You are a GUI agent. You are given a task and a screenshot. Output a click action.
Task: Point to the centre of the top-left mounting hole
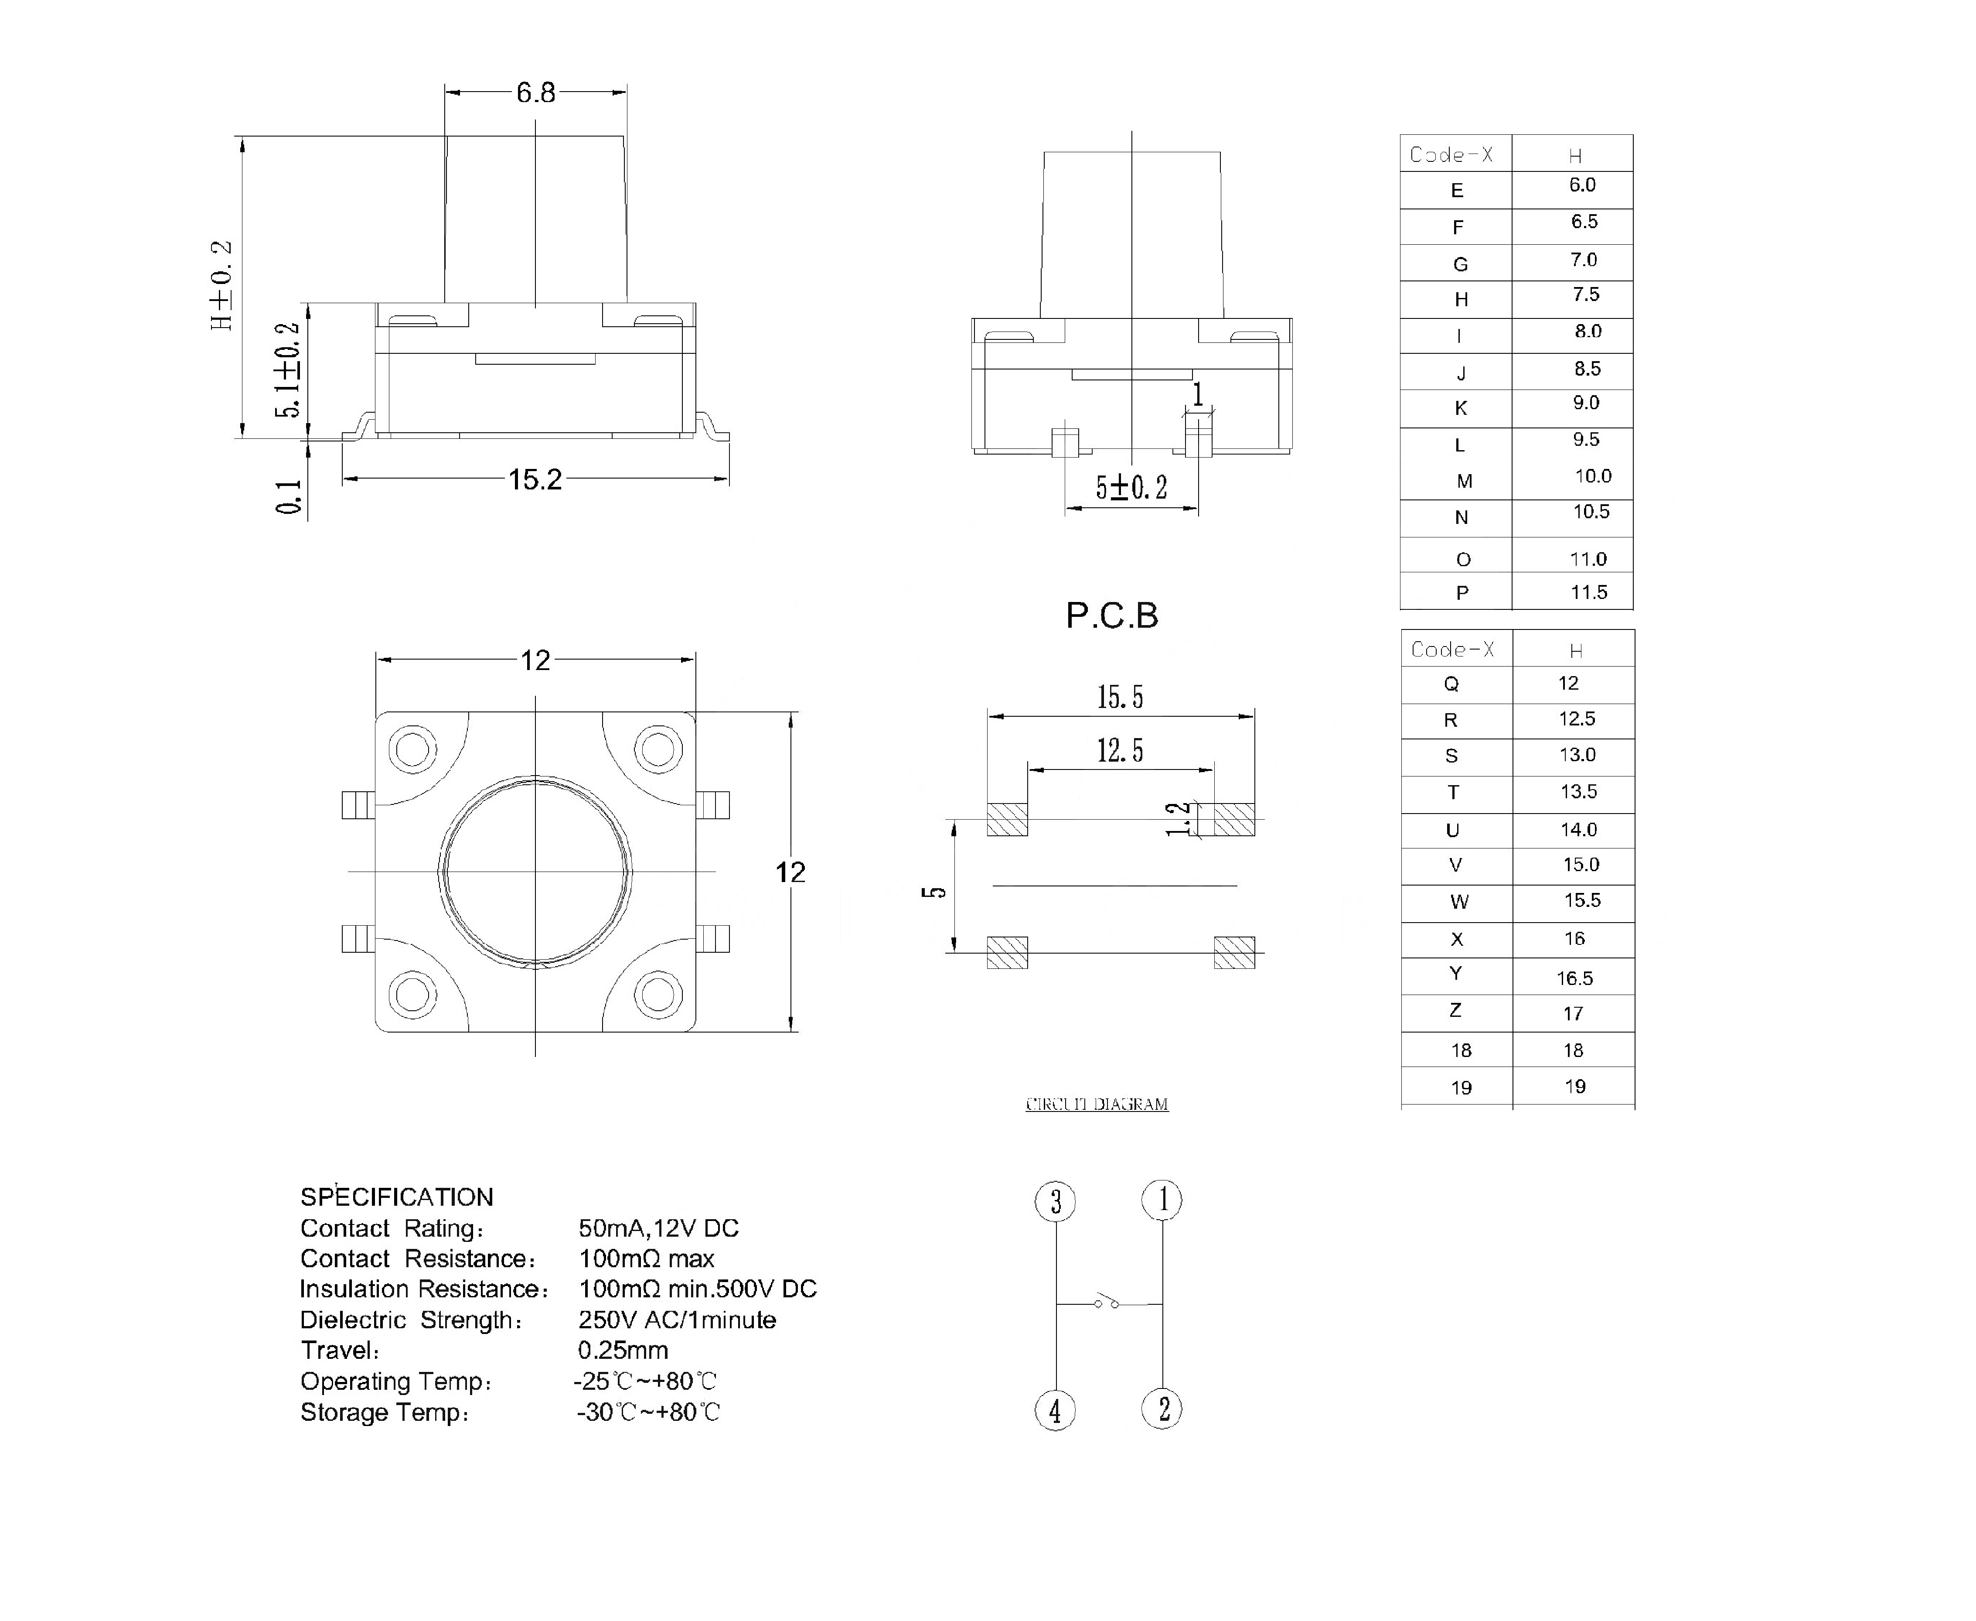(412, 749)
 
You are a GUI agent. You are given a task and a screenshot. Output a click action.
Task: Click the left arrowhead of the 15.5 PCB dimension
(996, 716)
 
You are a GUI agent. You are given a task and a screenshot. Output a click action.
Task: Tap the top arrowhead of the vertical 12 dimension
(793, 720)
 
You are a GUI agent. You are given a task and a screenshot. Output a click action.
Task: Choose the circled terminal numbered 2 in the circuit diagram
(1162, 1409)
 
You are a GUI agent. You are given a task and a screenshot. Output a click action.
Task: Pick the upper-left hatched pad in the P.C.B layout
(1007, 819)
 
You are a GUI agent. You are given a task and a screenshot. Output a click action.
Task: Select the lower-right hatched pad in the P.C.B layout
(1234, 952)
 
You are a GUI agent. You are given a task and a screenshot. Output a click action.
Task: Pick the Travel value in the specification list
(623, 1350)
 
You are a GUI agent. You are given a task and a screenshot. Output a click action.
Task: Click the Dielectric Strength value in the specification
(677, 1320)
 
